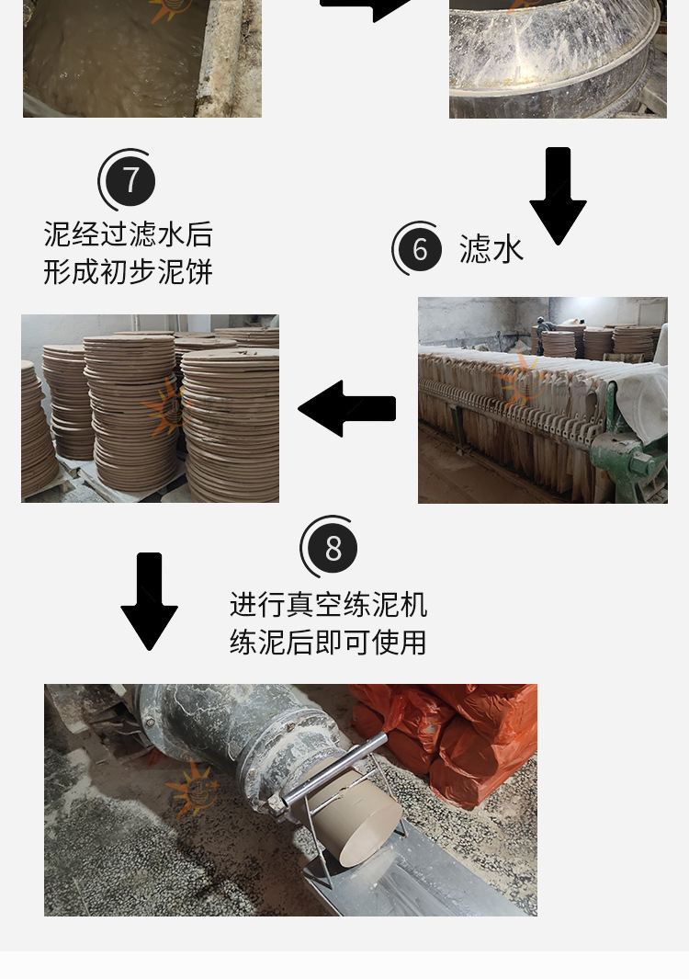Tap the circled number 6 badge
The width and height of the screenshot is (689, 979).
[420, 249]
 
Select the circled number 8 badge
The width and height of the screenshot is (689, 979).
[333, 548]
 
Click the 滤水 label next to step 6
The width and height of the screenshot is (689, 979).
[491, 249]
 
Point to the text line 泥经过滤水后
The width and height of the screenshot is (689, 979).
[128, 234]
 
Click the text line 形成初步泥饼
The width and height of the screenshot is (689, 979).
[128, 272]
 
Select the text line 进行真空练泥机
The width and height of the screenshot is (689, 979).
[328, 604]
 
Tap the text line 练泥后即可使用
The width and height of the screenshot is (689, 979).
[328, 642]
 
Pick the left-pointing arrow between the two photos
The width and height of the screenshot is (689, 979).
[347, 408]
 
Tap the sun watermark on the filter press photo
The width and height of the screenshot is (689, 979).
[524, 381]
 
